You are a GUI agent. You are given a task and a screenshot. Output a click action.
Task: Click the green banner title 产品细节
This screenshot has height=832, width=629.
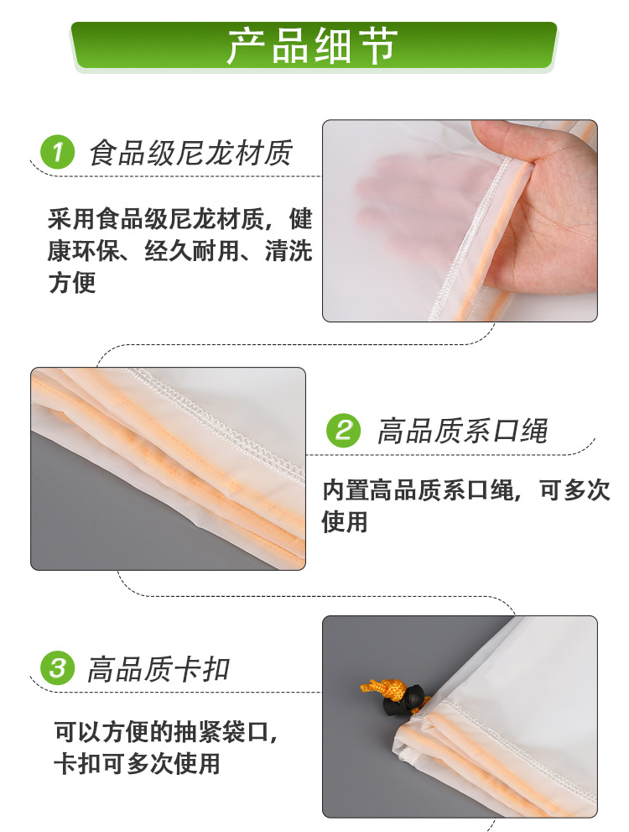point(313,46)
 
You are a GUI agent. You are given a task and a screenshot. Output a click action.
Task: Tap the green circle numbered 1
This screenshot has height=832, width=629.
point(57,152)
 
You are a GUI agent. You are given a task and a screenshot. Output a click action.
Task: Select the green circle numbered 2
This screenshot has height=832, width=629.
point(343,431)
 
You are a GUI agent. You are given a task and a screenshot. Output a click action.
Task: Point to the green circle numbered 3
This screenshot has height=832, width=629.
point(57,668)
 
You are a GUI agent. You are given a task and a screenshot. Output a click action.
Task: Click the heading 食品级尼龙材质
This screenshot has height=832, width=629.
point(190,153)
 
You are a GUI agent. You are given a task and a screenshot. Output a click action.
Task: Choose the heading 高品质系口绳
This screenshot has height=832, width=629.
point(462,431)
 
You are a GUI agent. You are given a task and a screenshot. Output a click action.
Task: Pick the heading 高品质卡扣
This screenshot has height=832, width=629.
point(158,668)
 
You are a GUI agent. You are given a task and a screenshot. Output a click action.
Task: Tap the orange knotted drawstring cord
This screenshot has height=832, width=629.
point(382,688)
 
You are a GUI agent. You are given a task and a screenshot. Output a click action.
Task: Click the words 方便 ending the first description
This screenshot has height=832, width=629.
point(72,282)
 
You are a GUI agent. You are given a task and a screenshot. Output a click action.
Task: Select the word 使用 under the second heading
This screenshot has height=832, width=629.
point(345,521)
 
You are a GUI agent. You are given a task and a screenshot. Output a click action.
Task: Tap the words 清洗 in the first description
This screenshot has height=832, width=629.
point(289,250)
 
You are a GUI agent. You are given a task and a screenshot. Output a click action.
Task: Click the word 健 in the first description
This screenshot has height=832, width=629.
point(300,218)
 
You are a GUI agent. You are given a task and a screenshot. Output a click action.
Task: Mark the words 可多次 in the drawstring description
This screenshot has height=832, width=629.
point(574,489)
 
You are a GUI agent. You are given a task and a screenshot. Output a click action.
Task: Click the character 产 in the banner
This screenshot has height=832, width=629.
point(246,46)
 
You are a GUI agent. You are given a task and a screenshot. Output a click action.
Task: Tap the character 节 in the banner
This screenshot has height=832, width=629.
point(380,46)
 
